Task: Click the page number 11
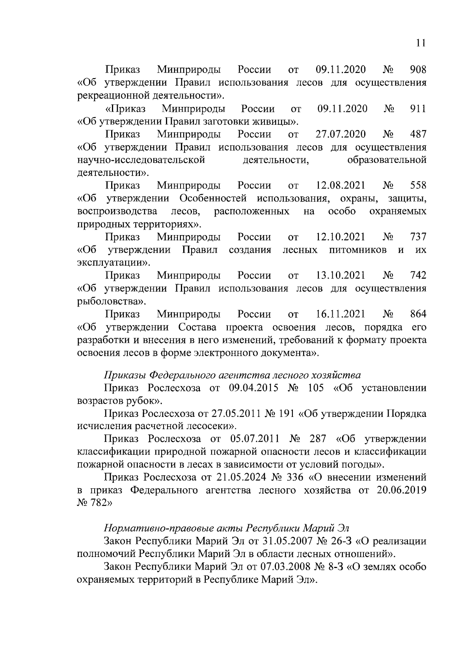(421, 43)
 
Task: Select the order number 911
(418, 108)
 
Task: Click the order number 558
(418, 185)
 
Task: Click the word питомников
(358, 250)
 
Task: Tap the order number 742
(418, 275)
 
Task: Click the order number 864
(418, 314)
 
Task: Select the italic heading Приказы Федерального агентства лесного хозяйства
(233, 375)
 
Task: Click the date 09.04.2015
(254, 388)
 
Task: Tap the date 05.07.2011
(254, 439)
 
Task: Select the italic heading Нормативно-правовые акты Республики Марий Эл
(227, 528)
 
